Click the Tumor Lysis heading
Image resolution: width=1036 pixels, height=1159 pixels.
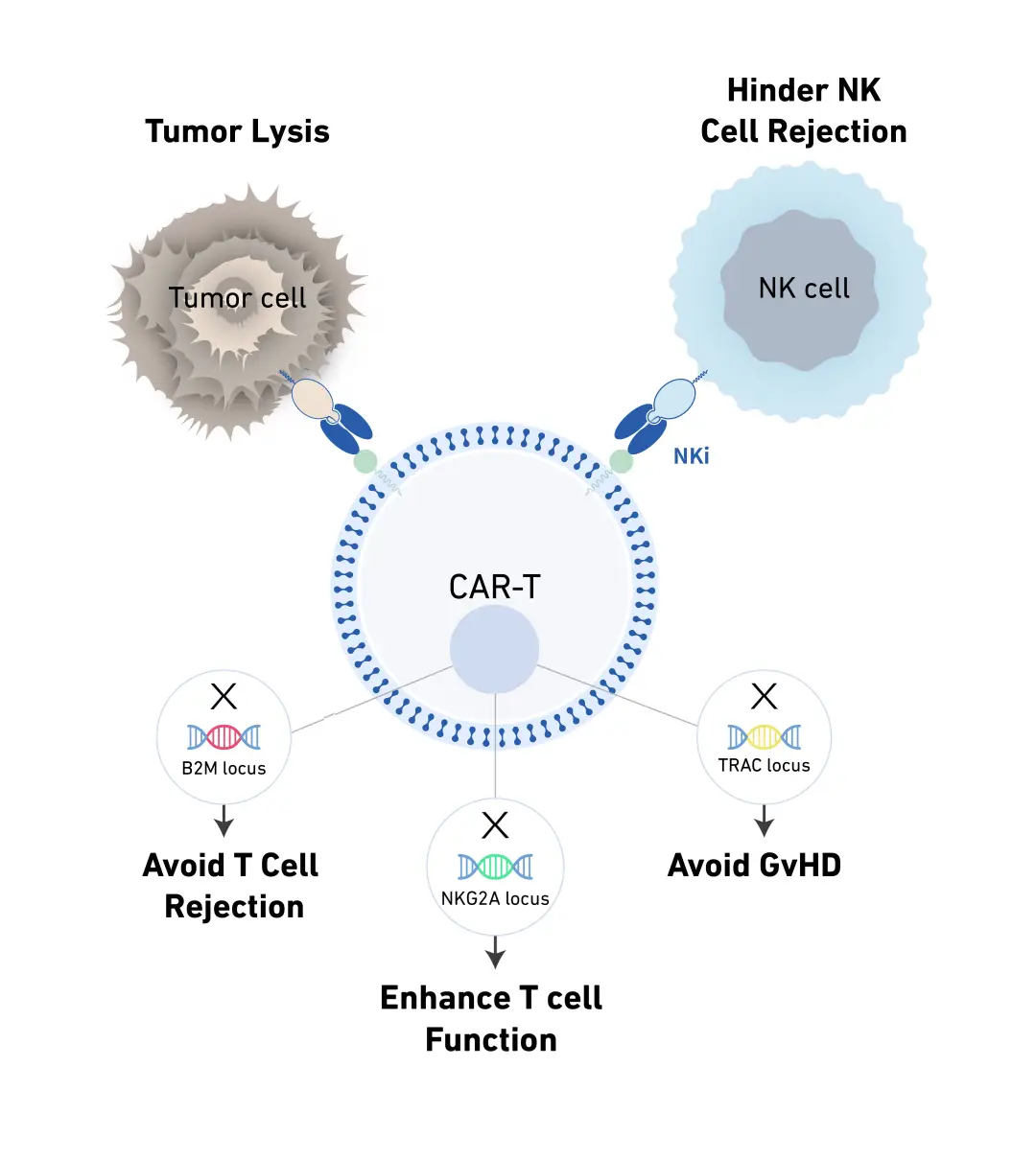pyautogui.click(x=237, y=131)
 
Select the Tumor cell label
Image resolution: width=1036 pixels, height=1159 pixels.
pyautogui.click(x=237, y=298)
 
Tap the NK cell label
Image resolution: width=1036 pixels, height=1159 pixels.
pyautogui.click(x=804, y=289)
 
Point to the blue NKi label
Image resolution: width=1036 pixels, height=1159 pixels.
pyautogui.click(x=691, y=456)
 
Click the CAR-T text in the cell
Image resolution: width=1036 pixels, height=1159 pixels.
pyautogui.click(x=494, y=587)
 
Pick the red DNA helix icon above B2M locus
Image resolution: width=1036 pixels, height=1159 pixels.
pyautogui.click(x=224, y=736)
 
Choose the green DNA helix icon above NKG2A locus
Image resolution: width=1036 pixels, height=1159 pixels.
pyautogui.click(x=495, y=867)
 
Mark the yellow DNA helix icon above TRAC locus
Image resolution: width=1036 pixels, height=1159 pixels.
pyautogui.click(x=765, y=736)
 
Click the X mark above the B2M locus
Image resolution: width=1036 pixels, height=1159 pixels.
pyautogui.click(x=224, y=696)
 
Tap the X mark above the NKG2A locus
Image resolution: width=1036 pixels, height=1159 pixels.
pyautogui.click(x=495, y=825)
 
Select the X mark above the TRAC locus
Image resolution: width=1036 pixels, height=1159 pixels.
pyautogui.click(x=765, y=696)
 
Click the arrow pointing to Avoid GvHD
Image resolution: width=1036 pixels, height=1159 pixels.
pyautogui.click(x=765, y=821)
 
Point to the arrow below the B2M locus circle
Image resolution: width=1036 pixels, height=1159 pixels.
pyautogui.click(x=224, y=821)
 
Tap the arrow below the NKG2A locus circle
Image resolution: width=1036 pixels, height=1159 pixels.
pyautogui.click(x=495, y=952)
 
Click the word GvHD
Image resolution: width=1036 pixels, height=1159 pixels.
pyautogui.click(x=800, y=866)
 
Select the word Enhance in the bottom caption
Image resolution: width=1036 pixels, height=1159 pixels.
pyautogui.click(x=445, y=998)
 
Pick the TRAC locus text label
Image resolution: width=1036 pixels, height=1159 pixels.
pyautogui.click(x=765, y=766)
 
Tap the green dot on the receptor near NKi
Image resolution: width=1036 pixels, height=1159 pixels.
pyautogui.click(x=622, y=462)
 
